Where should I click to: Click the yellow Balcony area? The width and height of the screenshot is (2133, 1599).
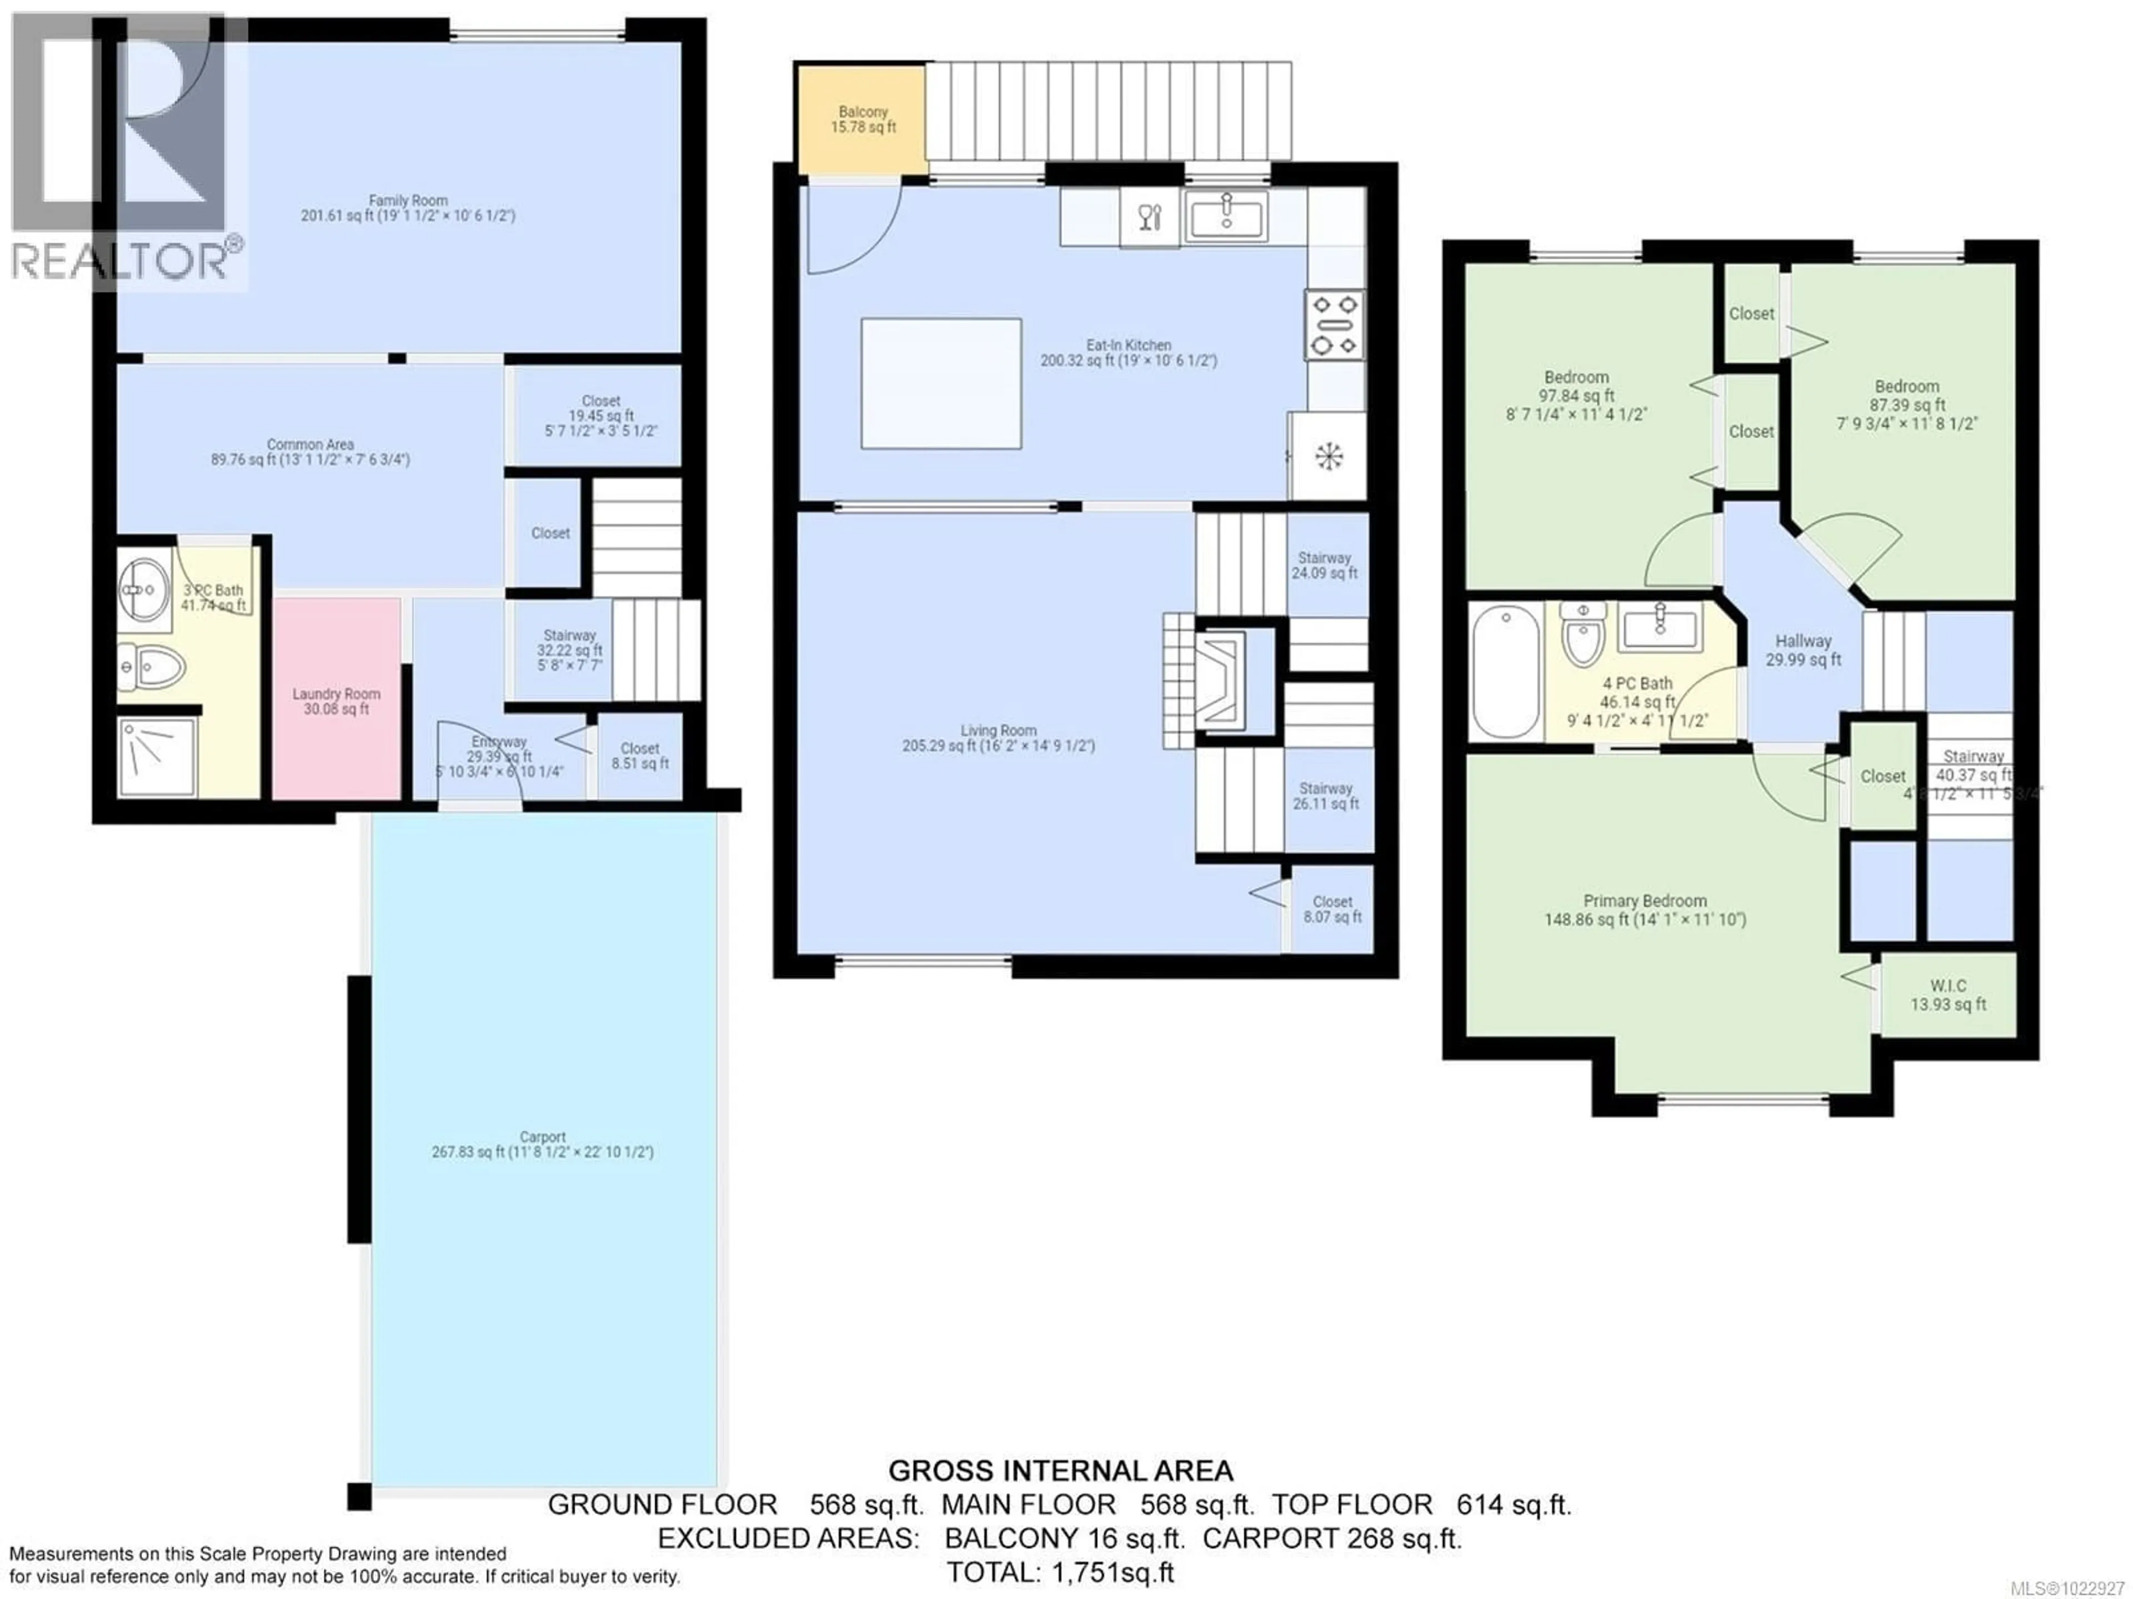pyautogui.click(x=861, y=119)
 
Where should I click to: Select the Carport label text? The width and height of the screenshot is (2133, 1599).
pyautogui.click(x=542, y=1145)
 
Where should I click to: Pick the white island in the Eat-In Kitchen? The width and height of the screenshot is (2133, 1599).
pyautogui.click(x=940, y=383)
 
